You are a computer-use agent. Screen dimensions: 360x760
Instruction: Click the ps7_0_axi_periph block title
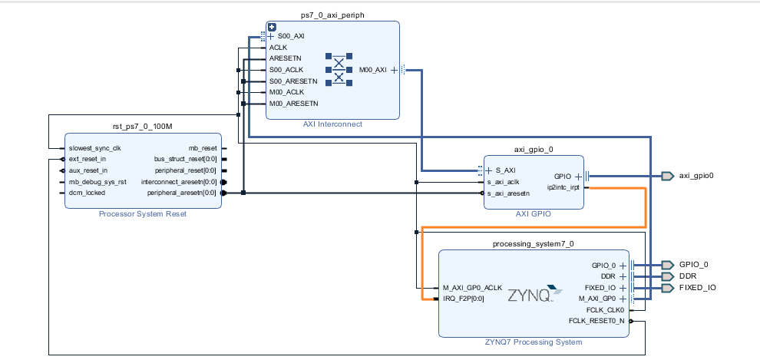332,15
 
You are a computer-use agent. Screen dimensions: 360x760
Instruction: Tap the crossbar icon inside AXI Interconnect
338,70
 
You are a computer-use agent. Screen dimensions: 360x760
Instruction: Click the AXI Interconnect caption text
332,124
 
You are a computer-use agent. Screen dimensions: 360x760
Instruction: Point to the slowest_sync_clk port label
96,148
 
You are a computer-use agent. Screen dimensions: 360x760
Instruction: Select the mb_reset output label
203,148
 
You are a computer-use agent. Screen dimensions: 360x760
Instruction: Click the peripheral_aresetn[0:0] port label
182,193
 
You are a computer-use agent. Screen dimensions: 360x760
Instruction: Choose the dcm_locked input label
86,193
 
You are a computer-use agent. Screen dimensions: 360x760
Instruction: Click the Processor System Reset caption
143,214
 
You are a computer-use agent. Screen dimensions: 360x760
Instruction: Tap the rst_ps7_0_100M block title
143,125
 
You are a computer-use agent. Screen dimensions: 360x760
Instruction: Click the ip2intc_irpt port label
563,187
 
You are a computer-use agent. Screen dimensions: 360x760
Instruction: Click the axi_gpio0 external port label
696,176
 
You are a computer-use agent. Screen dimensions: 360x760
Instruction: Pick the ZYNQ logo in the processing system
530,293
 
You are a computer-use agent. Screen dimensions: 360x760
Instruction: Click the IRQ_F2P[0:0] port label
464,299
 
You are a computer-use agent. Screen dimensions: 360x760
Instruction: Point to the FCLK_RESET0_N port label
596,320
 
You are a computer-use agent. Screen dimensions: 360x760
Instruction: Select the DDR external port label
688,276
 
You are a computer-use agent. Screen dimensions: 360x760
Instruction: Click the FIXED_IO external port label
697,288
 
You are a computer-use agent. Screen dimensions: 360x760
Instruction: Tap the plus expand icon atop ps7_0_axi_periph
272,27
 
